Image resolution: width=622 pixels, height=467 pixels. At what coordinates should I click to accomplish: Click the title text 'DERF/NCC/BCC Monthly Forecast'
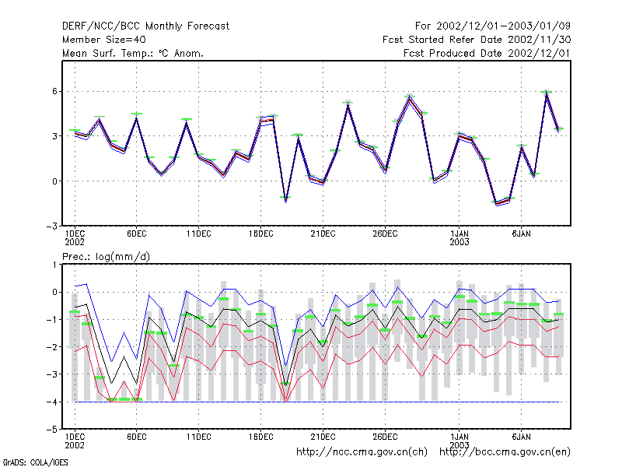coord(145,26)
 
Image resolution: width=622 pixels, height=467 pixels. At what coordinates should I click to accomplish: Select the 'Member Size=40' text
coord(104,40)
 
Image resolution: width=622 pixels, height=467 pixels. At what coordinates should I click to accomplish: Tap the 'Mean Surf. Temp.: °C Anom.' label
coord(133,53)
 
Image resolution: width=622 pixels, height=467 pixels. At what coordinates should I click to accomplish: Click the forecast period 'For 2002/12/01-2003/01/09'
coord(493,26)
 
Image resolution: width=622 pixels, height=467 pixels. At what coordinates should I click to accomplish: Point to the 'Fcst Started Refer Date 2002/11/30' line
coord(477,40)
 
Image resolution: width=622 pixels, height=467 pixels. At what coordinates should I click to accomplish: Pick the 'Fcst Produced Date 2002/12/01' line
coord(487,53)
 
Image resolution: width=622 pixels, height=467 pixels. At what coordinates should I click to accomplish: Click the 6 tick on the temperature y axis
coord(54,91)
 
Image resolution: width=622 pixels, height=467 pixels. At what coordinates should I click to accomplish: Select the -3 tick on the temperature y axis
coord(51,226)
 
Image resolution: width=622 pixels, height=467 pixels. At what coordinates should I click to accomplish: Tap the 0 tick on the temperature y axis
coord(54,181)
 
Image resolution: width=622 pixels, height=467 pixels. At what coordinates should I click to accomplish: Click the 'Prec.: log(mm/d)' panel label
coord(106,257)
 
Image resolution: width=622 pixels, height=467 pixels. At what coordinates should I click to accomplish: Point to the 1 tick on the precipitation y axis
coord(54,265)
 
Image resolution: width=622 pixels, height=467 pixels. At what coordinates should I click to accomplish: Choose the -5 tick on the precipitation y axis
coord(51,430)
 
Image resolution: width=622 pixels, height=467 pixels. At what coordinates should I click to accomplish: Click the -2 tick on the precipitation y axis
coord(51,347)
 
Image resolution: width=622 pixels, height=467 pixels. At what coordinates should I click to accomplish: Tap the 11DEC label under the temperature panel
coord(199,234)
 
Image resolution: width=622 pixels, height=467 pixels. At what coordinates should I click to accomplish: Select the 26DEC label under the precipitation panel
coord(385,437)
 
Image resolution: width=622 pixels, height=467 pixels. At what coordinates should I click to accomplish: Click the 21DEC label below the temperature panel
coord(323,234)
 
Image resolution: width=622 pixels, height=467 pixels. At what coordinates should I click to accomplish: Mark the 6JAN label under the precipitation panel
coord(521,437)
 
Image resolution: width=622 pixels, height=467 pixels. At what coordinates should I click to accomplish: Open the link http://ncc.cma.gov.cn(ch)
coord(362,452)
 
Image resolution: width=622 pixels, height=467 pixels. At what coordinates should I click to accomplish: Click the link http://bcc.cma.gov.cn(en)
coord(505,452)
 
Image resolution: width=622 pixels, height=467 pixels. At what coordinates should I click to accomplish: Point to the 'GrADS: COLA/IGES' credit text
coord(35,462)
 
